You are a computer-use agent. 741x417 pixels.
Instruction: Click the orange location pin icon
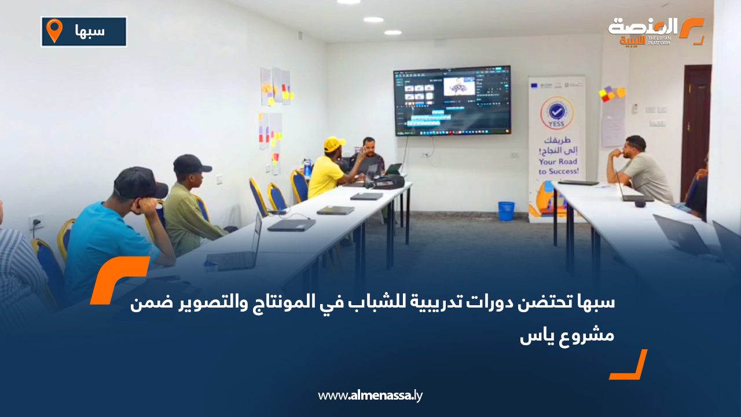tap(54, 31)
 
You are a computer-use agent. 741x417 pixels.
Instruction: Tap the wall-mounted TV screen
tap(452, 100)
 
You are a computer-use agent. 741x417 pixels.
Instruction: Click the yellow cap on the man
tap(334, 143)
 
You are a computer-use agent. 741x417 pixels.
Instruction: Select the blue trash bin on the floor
tap(506, 211)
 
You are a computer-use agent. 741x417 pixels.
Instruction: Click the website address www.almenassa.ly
tap(370, 396)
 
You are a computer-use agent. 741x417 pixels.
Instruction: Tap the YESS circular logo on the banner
tap(556, 112)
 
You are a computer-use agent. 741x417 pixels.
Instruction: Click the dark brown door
tap(695, 127)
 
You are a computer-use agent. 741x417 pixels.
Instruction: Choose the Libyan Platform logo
tap(656, 31)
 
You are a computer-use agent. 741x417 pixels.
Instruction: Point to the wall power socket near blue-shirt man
tap(36, 221)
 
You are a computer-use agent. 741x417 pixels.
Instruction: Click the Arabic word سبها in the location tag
tap(90, 31)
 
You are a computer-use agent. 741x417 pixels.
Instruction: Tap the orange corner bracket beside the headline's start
tap(118, 279)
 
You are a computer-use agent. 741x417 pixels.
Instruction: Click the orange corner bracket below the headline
tap(629, 365)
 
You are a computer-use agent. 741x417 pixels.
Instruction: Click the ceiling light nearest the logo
tap(393, 32)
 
